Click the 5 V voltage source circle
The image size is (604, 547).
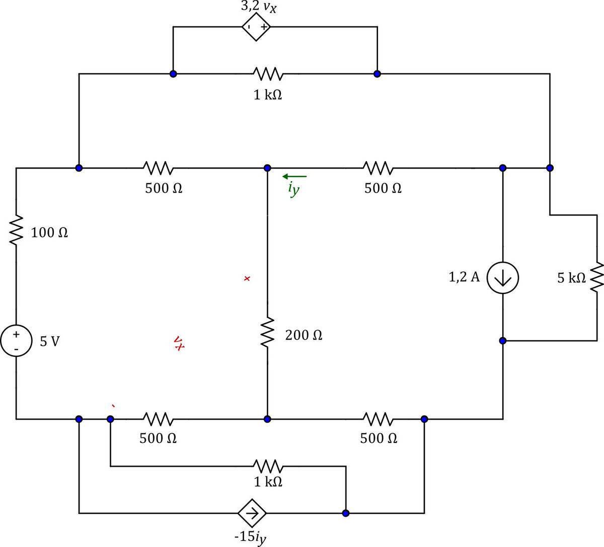(x=16, y=341)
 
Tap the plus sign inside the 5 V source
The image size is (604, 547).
(x=16, y=335)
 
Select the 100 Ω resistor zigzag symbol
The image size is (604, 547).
(x=16, y=230)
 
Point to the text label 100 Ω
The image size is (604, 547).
(x=49, y=232)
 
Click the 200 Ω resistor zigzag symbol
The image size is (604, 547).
(x=267, y=332)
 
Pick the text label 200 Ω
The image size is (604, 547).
(x=304, y=335)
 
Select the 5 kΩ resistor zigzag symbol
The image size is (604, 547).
(x=596, y=276)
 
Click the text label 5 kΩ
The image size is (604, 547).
(x=571, y=278)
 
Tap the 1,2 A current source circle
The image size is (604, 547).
(x=502, y=278)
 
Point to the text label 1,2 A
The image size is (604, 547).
(x=464, y=277)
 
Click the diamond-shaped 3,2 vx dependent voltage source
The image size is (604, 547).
(x=256, y=27)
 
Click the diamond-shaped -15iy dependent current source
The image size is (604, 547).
(x=252, y=513)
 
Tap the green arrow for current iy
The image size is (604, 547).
(x=294, y=176)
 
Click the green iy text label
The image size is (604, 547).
(x=293, y=189)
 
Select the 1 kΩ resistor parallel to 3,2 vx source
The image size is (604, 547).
(x=267, y=74)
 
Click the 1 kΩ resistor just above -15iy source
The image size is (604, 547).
(x=268, y=466)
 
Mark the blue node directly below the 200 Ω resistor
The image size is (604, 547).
(x=267, y=419)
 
